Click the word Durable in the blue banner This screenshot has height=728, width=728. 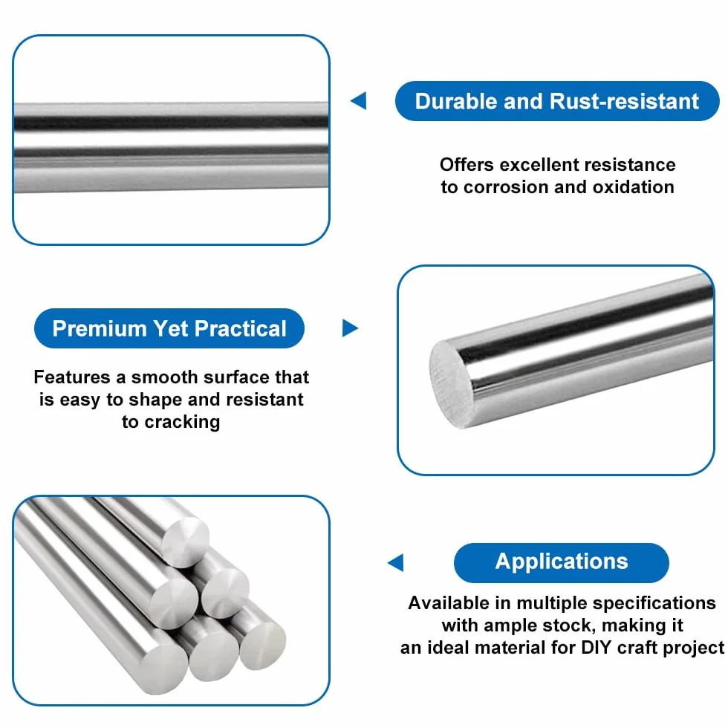455,101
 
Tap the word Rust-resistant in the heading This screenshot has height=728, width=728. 624,101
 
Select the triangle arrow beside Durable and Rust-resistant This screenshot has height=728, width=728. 358,101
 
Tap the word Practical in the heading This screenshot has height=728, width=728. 241,328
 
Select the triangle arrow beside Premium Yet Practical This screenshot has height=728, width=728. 350,328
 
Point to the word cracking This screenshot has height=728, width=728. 182,423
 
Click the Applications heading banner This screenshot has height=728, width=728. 562,562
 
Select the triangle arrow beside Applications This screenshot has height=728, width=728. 395,562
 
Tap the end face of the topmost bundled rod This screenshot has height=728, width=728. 186,543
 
